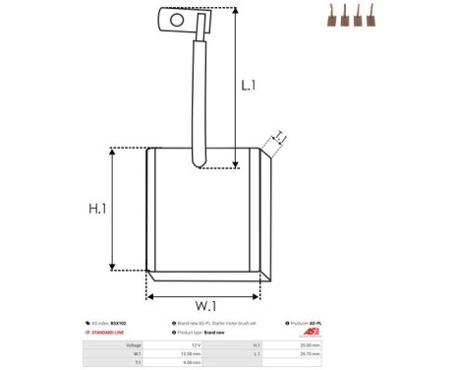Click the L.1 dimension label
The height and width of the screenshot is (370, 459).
coord(250,86)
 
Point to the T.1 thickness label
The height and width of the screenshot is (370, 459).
coord(280,137)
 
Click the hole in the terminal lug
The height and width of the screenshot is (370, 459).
coord(177,19)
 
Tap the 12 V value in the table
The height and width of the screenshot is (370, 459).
coord(195,345)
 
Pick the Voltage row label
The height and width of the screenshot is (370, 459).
coord(134,345)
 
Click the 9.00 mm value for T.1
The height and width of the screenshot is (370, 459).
coord(192,363)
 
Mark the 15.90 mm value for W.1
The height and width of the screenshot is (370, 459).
coord(191,354)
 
